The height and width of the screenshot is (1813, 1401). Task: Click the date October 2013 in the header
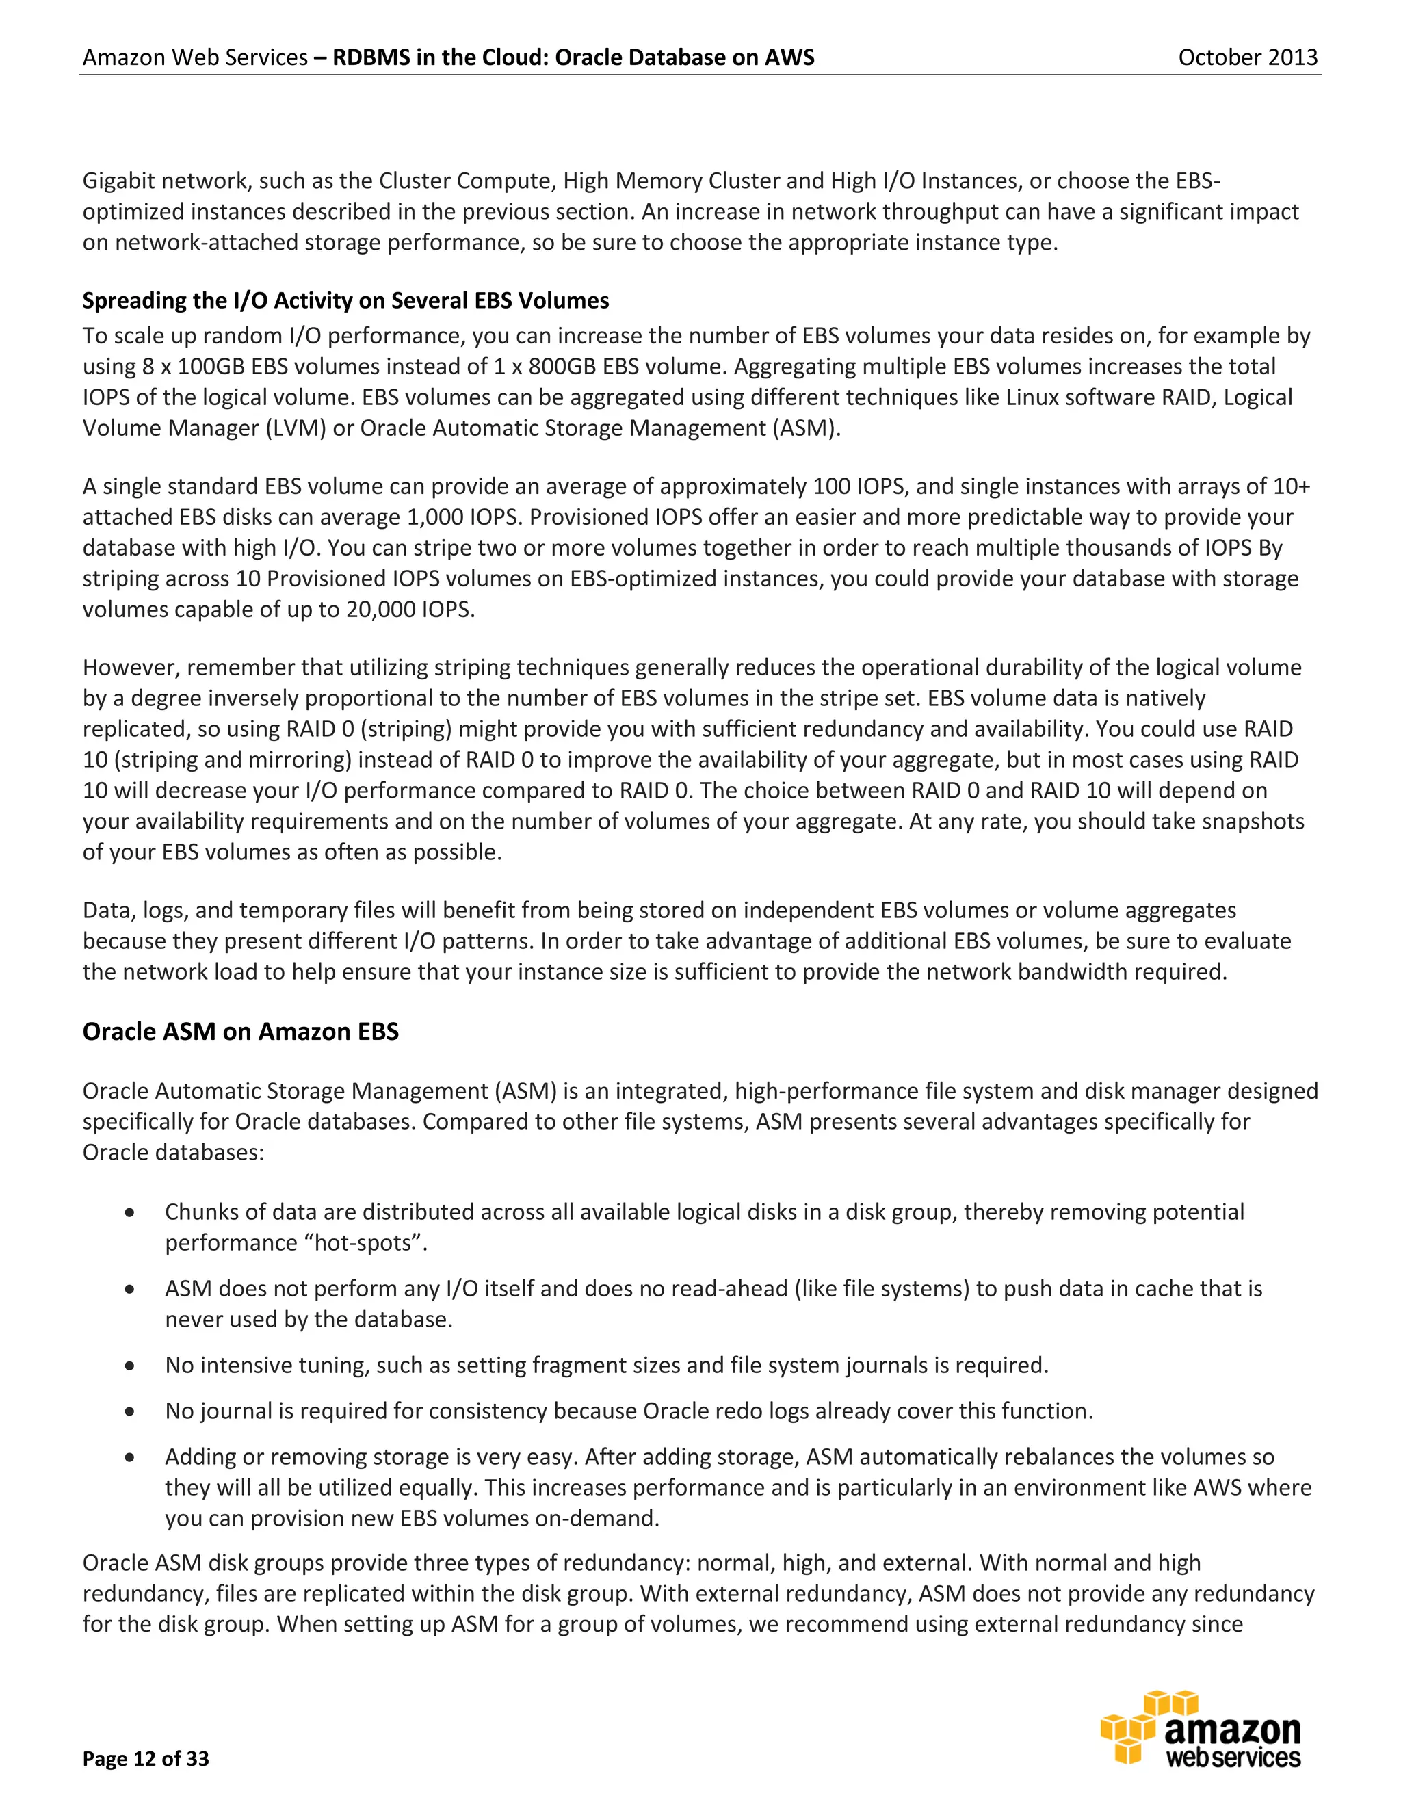1248,57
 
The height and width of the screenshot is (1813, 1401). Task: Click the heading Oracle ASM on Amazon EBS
240,1031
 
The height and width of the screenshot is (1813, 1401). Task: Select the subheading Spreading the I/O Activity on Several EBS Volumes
345,300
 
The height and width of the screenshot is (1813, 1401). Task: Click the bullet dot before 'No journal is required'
129,1411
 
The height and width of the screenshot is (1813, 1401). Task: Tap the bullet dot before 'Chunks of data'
129,1213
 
